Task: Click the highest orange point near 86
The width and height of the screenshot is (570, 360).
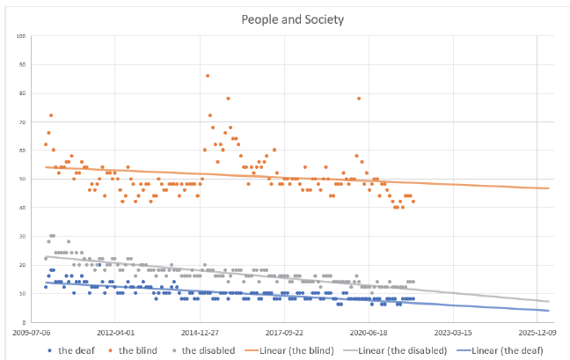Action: point(208,76)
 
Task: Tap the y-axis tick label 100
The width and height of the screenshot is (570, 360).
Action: point(22,36)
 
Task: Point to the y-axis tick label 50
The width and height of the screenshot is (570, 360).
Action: point(24,179)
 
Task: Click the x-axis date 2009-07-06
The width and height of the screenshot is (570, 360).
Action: point(33,333)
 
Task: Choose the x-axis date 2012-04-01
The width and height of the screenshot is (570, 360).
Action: point(117,333)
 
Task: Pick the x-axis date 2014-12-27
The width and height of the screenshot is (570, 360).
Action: point(201,333)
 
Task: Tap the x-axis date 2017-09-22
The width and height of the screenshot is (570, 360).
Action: point(285,333)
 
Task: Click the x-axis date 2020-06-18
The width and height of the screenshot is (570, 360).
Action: point(369,333)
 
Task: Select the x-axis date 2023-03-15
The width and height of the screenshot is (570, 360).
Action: point(453,333)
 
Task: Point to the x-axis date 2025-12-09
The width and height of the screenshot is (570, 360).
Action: point(537,333)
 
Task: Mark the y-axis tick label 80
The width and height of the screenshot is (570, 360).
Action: point(24,93)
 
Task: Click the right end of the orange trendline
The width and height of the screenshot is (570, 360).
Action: point(549,188)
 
